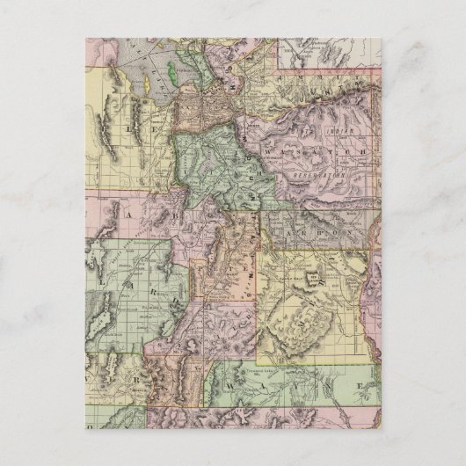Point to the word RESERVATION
[324, 177]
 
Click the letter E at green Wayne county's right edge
[360, 386]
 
